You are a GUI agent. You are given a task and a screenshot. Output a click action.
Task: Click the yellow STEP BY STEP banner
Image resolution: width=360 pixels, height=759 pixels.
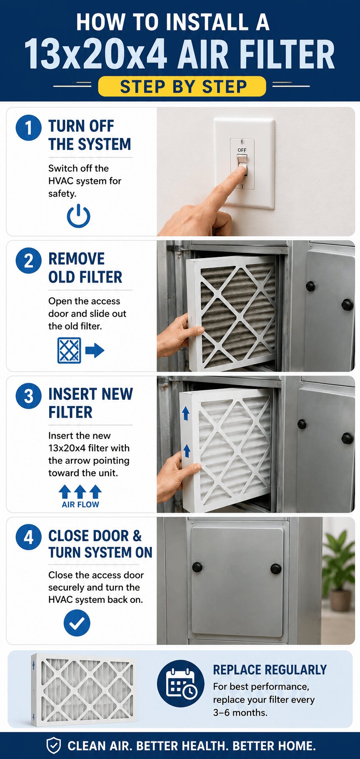(182, 86)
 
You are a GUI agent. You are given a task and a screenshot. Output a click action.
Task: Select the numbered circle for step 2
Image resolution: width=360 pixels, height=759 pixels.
(28, 261)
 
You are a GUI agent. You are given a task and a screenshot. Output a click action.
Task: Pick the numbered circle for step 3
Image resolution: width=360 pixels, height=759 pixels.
(28, 396)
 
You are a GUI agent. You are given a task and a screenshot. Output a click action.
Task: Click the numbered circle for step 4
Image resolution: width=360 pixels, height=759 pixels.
(28, 537)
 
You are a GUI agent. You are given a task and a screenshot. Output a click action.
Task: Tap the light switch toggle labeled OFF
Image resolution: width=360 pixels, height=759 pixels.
(242, 164)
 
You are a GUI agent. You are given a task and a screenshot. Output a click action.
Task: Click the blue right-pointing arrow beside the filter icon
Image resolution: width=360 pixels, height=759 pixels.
(95, 350)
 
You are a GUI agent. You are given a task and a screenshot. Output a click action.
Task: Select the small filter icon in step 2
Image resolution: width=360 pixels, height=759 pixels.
(69, 350)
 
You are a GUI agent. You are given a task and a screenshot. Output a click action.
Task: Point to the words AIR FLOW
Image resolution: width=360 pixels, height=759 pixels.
(80, 504)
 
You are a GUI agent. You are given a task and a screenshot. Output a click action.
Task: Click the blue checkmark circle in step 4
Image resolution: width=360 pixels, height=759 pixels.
(77, 623)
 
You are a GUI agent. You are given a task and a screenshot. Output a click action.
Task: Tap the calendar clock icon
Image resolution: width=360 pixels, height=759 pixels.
(181, 684)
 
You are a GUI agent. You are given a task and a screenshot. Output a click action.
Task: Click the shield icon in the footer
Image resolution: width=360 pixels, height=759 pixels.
(53, 745)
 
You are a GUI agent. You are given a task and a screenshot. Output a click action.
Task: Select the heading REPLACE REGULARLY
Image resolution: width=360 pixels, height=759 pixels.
(270, 670)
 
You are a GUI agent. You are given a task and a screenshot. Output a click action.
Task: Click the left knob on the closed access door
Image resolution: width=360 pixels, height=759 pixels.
(197, 567)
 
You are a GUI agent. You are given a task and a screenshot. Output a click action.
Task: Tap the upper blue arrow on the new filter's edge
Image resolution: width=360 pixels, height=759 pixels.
(186, 413)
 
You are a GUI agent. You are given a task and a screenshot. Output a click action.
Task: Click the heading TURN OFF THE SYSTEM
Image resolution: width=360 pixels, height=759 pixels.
(90, 135)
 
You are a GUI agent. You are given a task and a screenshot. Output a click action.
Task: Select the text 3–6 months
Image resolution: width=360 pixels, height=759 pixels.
(240, 713)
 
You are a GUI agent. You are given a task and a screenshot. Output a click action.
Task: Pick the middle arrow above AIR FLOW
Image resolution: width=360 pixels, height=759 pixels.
(80, 491)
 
